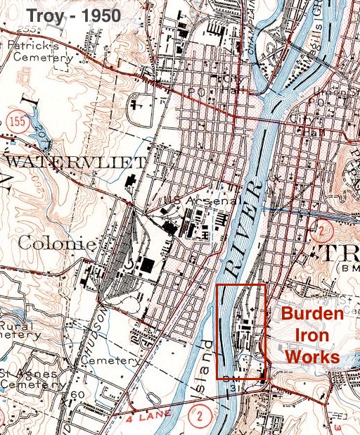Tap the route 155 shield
[18, 121]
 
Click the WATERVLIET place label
[61, 163]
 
